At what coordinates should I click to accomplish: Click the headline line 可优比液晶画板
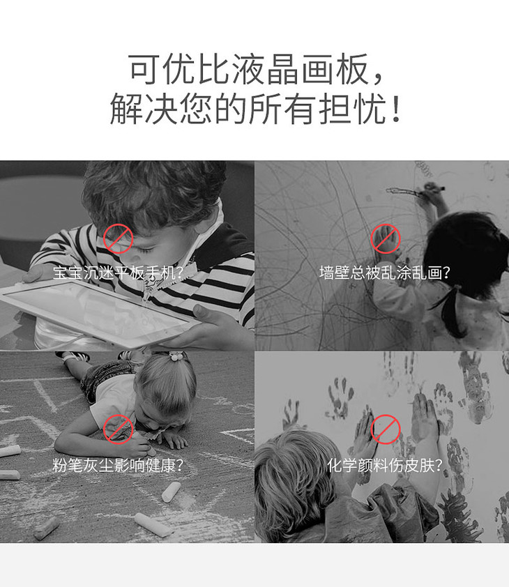coord(248,70)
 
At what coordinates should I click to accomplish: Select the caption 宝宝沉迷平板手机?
coord(118,273)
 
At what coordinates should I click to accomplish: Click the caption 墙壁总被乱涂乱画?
coord(385,273)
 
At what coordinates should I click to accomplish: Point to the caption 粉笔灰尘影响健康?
coord(118,465)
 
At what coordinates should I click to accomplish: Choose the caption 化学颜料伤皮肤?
coord(385,465)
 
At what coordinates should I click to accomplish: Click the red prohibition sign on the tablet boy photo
coord(119,239)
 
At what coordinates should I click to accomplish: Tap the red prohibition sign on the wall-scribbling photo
coord(386,239)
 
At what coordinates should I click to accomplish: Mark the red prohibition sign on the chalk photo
coord(119,429)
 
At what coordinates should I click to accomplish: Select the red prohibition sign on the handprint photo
coord(386,429)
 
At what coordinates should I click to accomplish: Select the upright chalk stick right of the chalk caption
coord(171,492)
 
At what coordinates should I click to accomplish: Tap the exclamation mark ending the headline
coord(396,109)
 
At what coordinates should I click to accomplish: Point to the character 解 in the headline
coord(126,109)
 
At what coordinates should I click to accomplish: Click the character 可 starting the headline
coord(144,70)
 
